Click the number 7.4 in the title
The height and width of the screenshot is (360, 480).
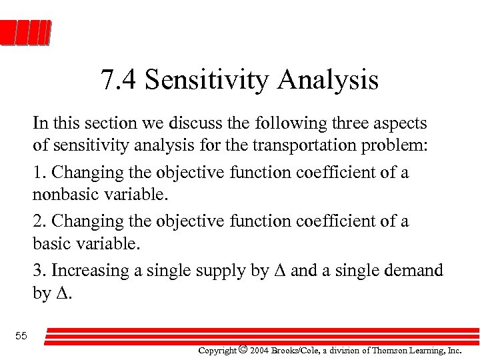tap(119, 81)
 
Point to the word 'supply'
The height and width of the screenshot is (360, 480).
tap(236, 271)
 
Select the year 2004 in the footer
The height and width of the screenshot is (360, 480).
tap(260, 350)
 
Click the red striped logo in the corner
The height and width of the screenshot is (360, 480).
tap(26, 33)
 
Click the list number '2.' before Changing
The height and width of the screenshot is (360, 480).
tap(39, 221)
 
